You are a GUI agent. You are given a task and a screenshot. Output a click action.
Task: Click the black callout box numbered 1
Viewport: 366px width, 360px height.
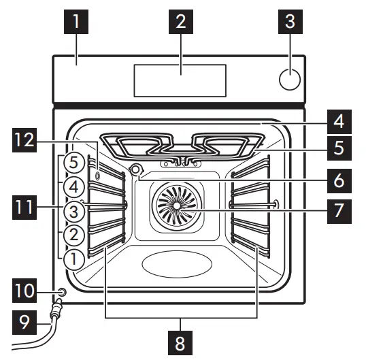(76, 22)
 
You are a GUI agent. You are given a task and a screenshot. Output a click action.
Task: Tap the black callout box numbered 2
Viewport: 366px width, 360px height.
(180, 22)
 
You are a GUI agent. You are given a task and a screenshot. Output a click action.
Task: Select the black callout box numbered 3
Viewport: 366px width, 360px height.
(290, 22)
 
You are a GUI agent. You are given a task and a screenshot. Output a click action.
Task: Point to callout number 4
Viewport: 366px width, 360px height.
(338, 122)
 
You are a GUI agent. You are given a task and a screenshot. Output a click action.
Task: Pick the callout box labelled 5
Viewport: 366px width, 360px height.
(338, 146)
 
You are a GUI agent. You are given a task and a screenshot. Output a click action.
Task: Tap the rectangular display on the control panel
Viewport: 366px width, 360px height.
(180, 80)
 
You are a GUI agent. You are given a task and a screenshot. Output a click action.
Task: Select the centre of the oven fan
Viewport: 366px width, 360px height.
(176, 206)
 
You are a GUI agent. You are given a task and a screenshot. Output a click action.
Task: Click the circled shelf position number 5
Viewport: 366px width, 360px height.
(75, 164)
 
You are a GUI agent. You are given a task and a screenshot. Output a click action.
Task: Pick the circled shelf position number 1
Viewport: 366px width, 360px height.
(75, 258)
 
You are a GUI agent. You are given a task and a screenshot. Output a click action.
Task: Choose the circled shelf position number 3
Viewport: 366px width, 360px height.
(75, 211)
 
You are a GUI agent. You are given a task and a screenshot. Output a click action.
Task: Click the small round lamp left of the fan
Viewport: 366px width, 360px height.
(136, 170)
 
